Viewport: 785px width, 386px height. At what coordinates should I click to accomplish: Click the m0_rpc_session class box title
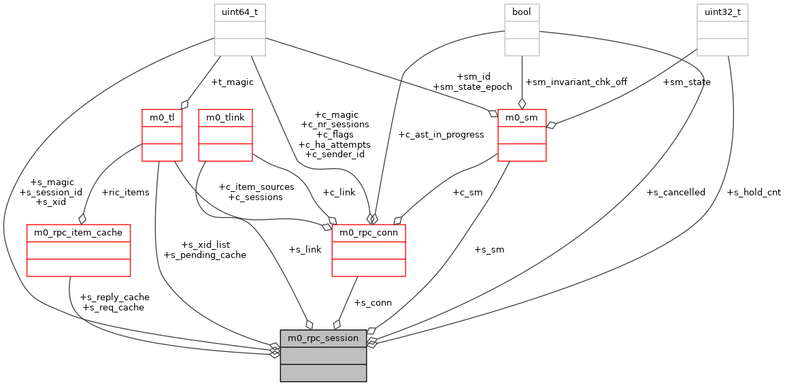[323, 338]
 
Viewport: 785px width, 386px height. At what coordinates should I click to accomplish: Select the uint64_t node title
[240, 12]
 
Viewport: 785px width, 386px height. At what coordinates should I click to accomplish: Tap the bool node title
[522, 12]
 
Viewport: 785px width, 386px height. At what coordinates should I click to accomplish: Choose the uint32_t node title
[722, 12]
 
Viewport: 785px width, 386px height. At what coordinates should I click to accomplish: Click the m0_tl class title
[162, 117]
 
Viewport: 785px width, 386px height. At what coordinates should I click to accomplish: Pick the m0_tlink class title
[225, 117]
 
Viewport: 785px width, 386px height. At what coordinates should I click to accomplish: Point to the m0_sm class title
[522, 117]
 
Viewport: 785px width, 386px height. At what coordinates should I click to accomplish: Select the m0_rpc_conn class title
[369, 233]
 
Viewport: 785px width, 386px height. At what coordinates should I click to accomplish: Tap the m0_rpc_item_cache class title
[78, 233]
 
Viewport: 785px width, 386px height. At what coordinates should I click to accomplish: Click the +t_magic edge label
[232, 82]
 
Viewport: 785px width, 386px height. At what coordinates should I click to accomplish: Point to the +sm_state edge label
[687, 82]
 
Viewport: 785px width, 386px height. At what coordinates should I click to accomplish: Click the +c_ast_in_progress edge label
[441, 135]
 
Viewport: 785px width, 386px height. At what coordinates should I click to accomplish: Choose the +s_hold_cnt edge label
[754, 193]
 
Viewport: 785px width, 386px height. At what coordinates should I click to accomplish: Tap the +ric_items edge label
[124, 193]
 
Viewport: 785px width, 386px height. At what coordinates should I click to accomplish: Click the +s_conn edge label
[372, 303]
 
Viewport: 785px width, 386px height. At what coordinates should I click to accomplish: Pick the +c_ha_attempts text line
[334, 145]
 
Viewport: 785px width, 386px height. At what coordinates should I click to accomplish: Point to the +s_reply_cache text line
[114, 297]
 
